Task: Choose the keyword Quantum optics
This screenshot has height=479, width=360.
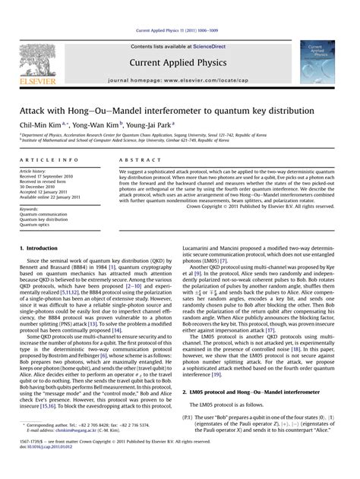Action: point(35,203)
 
